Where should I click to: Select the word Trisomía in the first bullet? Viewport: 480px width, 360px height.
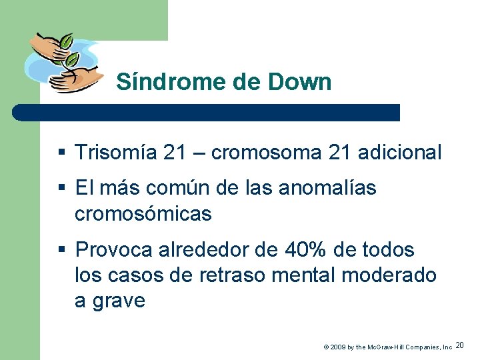point(116,153)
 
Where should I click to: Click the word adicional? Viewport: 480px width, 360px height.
point(399,153)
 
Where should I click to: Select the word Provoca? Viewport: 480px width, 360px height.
point(115,250)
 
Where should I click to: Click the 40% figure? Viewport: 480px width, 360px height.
point(307,250)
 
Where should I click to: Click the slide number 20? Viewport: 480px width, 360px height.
point(461,345)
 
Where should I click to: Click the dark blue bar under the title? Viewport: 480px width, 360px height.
point(207,112)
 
